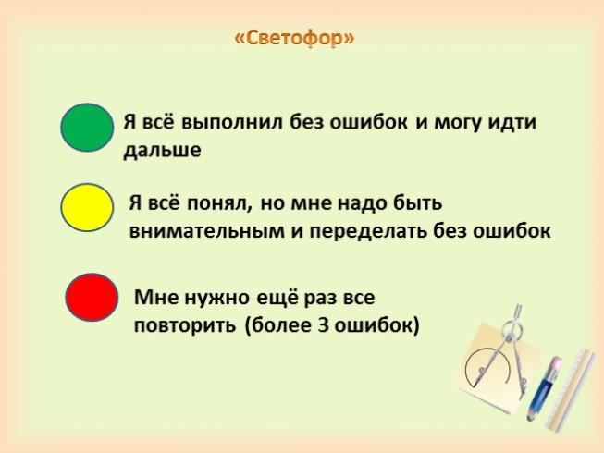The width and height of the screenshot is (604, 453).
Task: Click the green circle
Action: click(x=87, y=128)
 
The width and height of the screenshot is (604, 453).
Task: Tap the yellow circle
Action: click(x=87, y=207)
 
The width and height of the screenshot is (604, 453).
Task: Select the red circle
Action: click(x=92, y=297)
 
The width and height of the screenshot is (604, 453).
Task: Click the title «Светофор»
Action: click(x=294, y=38)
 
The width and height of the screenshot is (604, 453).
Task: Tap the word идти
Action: click(x=512, y=123)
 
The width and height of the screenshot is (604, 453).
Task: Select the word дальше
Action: click(x=162, y=150)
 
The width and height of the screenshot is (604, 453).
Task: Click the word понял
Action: click(x=220, y=203)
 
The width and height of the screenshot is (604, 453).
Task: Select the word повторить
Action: click(x=184, y=326)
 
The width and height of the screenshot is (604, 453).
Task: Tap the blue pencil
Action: click(x=543, y=388)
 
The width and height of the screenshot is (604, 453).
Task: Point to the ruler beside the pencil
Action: click(x=570, y=389)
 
